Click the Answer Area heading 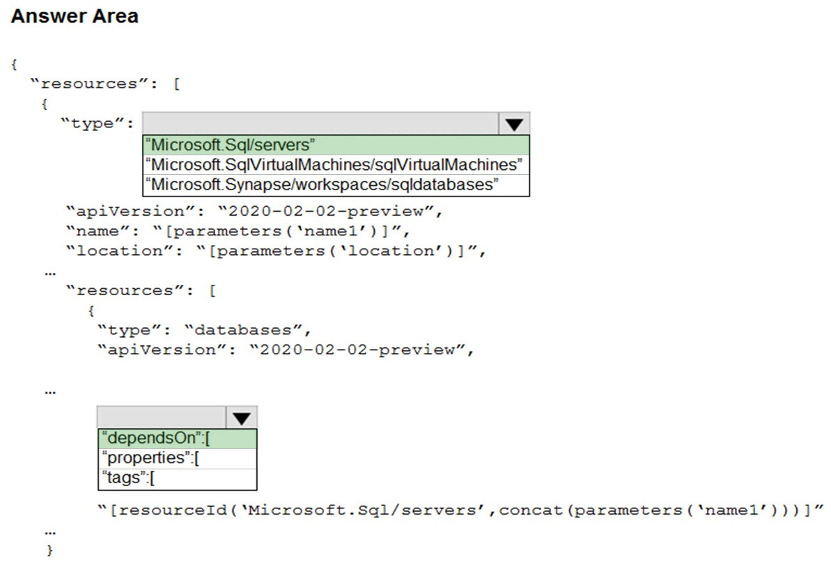pyautogui.click(x=75, y=16)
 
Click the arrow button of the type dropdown pyautogui.click(x=514, y=124)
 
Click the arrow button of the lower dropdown pyautogui.click(x=242, y=417)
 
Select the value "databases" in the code pyautogui.click(x=243, y=330)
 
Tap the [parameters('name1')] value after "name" pyautogui.click(x=280, y=231)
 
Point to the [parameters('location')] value pyautogui.click(x=339, y=251)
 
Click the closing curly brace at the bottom pyautogui.click(x=50, y=550)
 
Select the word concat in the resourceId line pyautogui.click(x=531, y=510)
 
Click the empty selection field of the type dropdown pyautogui.click(x=320, y=124)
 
